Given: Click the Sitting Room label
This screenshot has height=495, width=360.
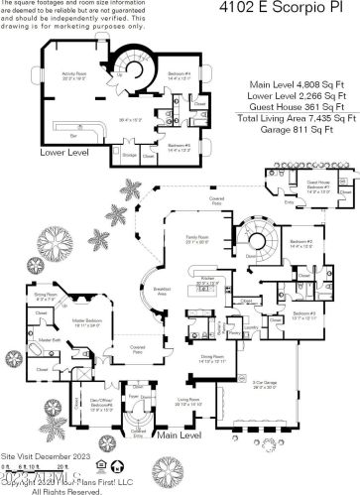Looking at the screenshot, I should (46, 296).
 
